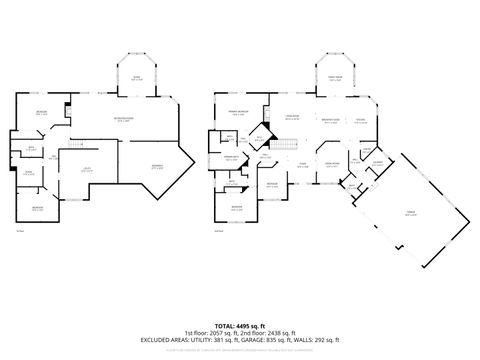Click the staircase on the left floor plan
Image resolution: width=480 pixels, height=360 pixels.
coord(72,150)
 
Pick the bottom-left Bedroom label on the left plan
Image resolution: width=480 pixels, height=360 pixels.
coord(37,207)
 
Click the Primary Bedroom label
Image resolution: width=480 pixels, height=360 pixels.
coord(238,114)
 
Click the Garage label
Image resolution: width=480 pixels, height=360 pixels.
coord(410,213)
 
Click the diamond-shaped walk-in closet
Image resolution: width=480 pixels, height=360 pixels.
coord(259,138)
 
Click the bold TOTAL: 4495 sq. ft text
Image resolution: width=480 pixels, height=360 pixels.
coord(240,326)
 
